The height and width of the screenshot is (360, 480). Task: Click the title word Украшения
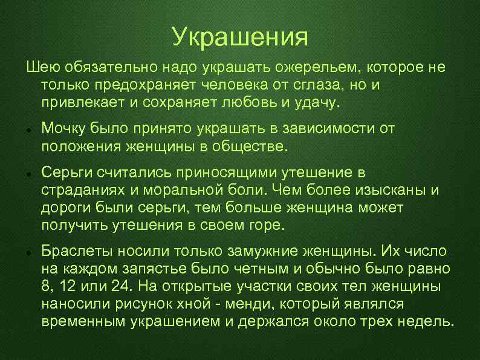pyautogui.click(x=240, y=37)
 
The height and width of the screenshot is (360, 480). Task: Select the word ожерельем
pyautogui.click(x=311, y=67)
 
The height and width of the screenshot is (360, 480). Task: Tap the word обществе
pyautogui.click(x=250, y=146)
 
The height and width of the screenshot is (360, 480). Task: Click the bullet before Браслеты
pyautogui.click(x=29, y=253)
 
